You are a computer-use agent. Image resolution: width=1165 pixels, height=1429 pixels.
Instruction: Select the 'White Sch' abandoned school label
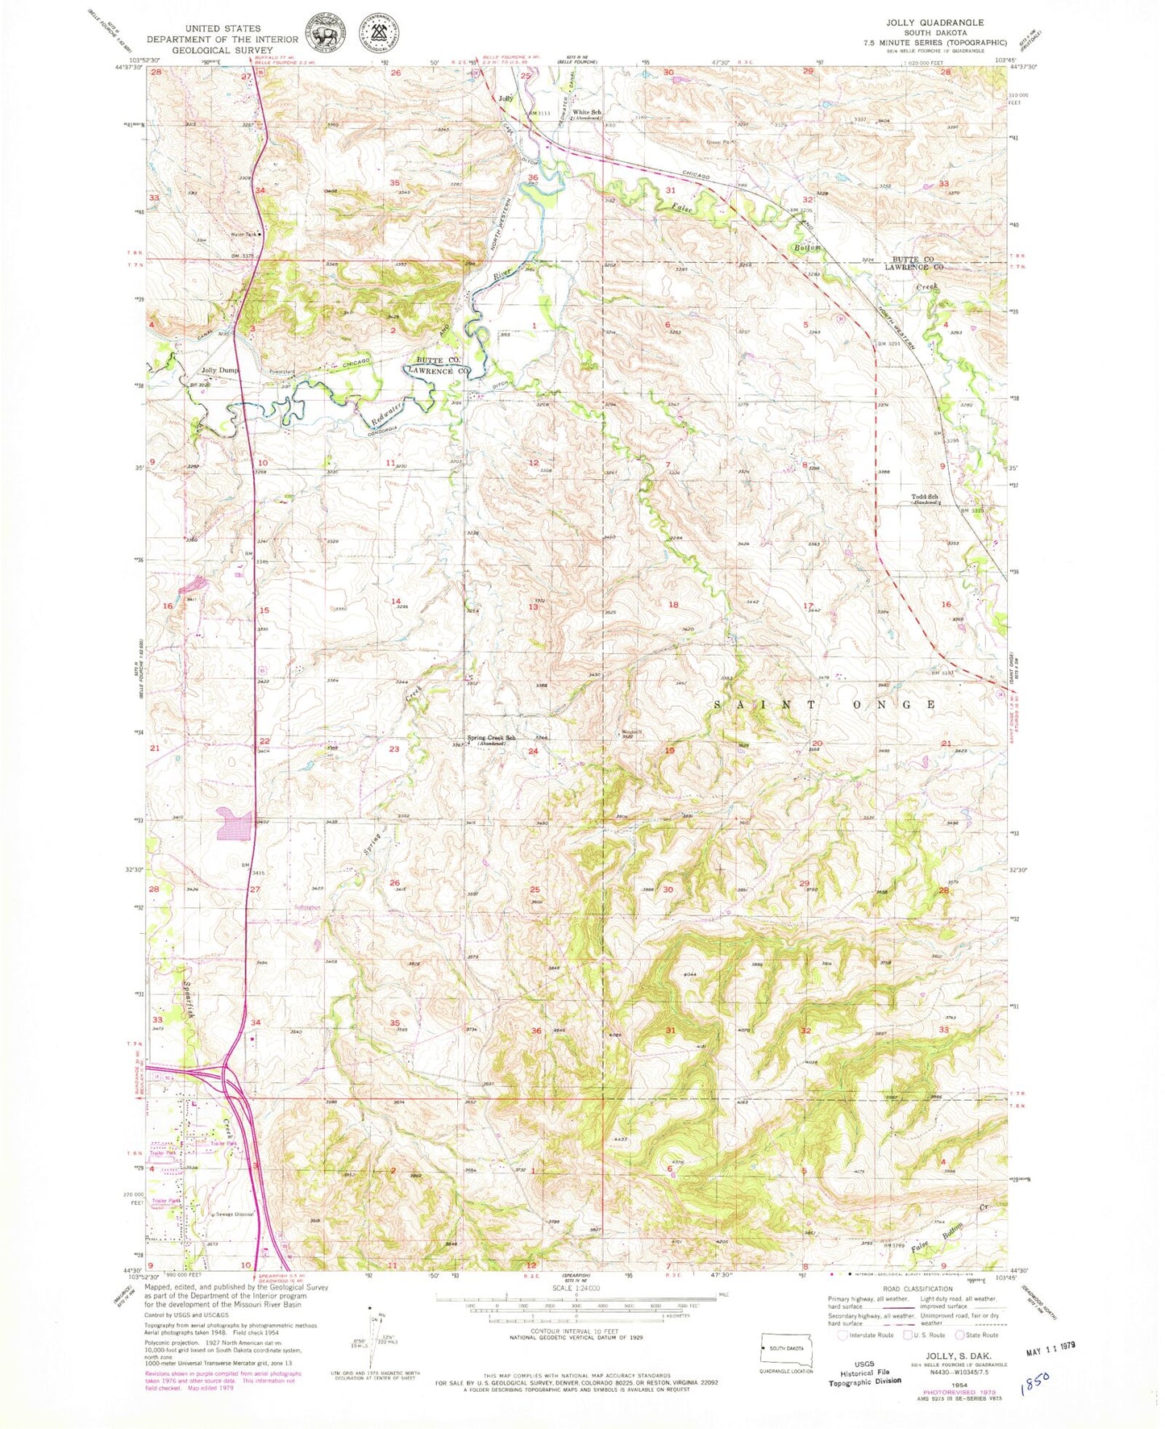587,113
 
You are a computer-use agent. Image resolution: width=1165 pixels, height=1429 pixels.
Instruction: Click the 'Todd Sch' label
924,497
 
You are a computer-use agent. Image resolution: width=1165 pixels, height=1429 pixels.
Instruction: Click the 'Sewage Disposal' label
234,1214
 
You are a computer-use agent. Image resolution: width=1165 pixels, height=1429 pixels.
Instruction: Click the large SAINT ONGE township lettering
824,704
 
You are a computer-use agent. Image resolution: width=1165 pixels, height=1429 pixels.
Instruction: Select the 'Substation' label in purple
306,906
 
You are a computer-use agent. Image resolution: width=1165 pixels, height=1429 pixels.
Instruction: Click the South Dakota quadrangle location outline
786,1348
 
